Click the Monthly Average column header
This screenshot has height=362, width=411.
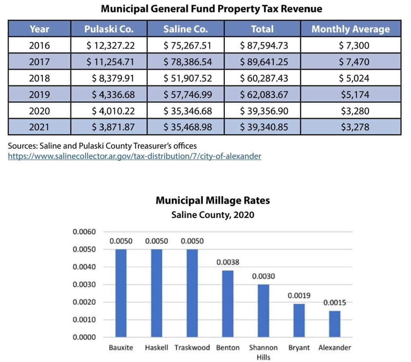click(x=350, y=29)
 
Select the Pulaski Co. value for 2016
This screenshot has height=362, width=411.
click(x=110, y=45)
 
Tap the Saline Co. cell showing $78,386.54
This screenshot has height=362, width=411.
click(x=187, y=62)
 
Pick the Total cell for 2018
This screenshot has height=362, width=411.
click(x=264, y=78)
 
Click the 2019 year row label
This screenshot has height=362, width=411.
click(x=39, y=94)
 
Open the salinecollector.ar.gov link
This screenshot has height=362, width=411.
click(x=134, y=156)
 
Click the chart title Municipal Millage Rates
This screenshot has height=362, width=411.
click(x=213, y=200)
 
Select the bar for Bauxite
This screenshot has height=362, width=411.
click(x=121, y=293)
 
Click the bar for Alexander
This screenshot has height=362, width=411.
click(x=335, y=324)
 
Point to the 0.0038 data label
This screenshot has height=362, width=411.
click(x=228, y=262)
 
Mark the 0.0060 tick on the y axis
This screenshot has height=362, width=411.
click(x=84, y=232)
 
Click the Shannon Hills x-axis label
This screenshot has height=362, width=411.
click(x=263, y=352)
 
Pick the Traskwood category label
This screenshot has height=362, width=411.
click(x=192, y=348)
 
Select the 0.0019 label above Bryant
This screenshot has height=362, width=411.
click(x=299, y=295)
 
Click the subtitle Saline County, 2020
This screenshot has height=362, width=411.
click(x=213, y=215)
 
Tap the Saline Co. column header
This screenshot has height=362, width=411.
click(x=185, y=29)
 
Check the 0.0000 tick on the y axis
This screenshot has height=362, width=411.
click(x=84, y=337)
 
